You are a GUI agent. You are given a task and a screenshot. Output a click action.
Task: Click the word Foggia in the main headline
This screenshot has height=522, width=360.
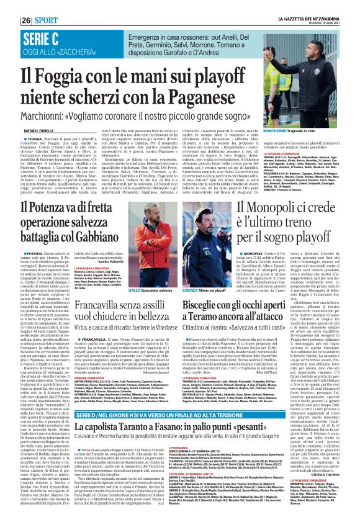80,76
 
